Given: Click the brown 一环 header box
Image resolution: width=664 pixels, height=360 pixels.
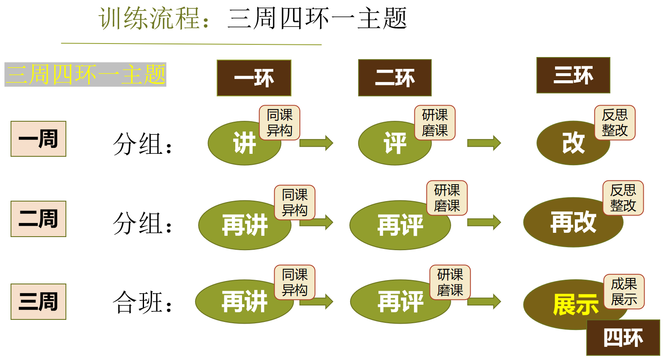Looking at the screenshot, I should click(254, 78).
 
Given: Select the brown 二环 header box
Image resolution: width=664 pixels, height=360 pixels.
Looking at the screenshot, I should click(395, 78).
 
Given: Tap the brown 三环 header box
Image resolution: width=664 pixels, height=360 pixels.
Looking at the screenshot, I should click(573, 75).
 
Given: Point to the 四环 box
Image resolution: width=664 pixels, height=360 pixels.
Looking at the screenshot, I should click(623, 338).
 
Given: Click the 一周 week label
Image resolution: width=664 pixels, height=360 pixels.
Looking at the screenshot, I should click(38, 139).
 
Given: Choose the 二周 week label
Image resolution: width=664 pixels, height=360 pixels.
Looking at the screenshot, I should click(38, 218).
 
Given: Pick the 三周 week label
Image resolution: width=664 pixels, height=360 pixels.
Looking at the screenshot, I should click(38, 301).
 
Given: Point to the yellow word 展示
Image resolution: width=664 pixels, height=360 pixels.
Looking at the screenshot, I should click(576, 304).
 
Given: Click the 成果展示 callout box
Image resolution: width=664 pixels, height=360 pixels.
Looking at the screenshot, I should click(624, 291).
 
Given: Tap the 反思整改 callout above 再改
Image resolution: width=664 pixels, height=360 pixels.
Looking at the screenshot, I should click(623, 198).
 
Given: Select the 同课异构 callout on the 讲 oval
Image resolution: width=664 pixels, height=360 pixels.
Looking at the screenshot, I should click(280, 123).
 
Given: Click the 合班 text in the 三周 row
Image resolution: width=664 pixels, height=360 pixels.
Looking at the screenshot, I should click(142, 303).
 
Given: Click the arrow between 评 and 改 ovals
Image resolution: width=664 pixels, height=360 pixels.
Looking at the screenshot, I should click(484, 143).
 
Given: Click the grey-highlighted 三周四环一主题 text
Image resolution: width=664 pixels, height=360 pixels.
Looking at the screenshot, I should click(85, 74).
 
